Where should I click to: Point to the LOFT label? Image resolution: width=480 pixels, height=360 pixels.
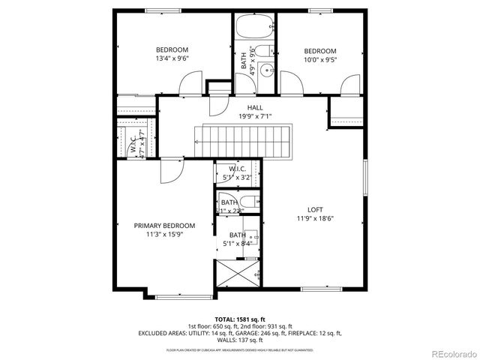coord(316,210)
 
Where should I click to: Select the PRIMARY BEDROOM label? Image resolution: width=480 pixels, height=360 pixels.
coord(164,226)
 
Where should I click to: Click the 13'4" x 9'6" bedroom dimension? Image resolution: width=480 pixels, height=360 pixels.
coord(172,58)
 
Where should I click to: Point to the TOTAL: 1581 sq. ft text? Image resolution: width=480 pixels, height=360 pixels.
coord(240,318)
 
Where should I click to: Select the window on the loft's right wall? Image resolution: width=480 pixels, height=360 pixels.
coord(364,183)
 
